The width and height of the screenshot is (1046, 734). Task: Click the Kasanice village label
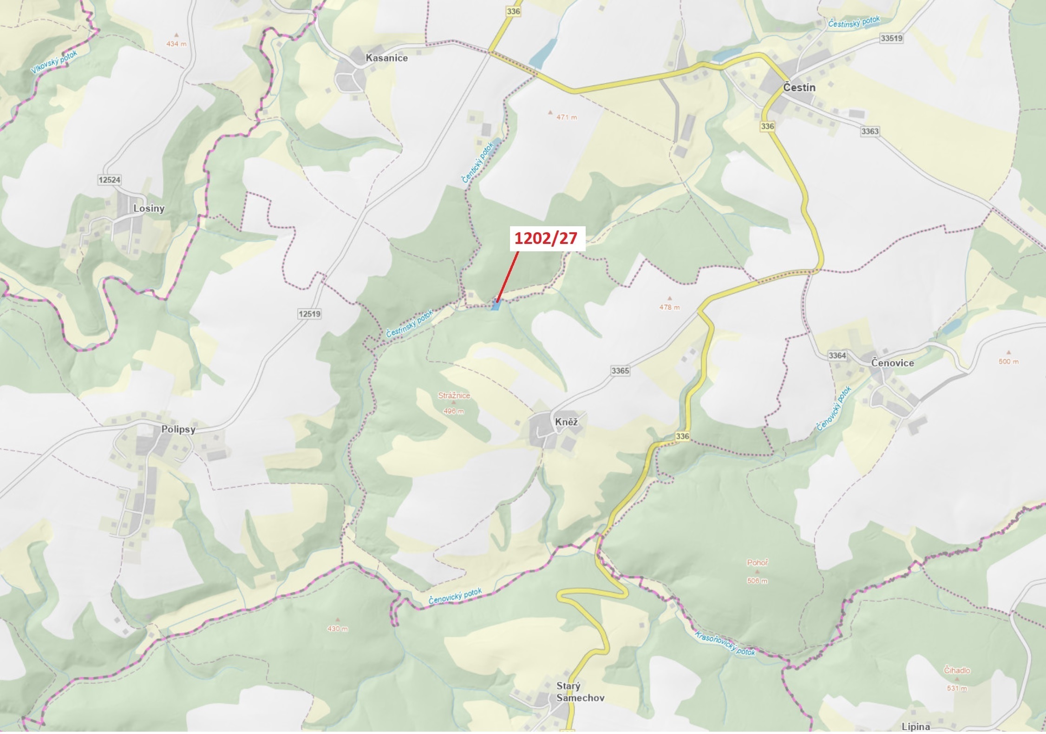point(386,58)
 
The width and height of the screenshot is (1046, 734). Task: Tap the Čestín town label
point(799,87)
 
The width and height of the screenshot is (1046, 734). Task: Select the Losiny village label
point(149,209)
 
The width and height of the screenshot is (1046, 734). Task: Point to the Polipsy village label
point(178,429)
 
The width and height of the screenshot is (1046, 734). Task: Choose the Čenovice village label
point(892,363)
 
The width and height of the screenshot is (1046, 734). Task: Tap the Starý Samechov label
point(574,692)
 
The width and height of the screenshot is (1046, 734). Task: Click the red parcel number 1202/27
point(545,238)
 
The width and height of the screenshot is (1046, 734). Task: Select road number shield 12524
point(110,180)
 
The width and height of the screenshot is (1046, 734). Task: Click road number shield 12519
point(309,314)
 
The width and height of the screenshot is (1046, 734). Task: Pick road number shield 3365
point(620,370)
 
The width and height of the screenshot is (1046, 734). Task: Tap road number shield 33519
point(891,39)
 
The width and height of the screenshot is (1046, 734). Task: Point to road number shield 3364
point(837,355)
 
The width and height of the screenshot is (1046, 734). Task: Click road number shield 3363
point(869,131)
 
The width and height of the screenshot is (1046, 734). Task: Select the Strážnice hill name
point(454,396)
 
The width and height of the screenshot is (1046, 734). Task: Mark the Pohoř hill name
point(757,563)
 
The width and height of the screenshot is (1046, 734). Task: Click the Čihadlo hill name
point(957,670)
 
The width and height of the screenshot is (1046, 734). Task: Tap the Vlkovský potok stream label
point(54,62)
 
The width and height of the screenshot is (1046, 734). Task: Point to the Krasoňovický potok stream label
point(725,643)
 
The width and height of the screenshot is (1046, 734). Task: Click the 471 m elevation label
point(567,118)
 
